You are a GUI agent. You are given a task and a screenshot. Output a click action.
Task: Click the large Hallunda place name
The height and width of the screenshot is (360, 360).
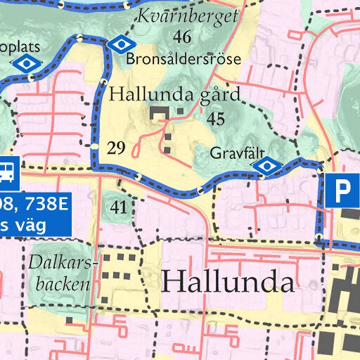[x=227, y=282]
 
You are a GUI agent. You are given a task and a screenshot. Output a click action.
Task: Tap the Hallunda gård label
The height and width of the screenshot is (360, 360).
[x=175, y=94]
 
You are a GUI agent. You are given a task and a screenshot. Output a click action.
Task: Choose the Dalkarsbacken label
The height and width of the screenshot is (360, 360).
[x=60, y=274]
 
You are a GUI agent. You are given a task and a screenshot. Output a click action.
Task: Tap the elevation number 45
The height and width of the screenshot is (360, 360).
[x=215, y=119]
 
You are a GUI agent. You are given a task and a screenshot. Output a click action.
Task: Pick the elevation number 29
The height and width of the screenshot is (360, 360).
[x=117, y=147]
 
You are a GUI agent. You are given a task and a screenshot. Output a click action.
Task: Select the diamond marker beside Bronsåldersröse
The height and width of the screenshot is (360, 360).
[x=121, y=44]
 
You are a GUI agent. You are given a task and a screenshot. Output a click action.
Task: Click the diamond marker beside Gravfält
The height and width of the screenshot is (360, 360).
[x=267, y=166]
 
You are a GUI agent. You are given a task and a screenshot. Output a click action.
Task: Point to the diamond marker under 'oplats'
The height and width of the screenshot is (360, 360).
[x=27, y=63]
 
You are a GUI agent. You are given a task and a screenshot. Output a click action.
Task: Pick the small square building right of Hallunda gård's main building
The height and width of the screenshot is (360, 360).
[x=181, y=111]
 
